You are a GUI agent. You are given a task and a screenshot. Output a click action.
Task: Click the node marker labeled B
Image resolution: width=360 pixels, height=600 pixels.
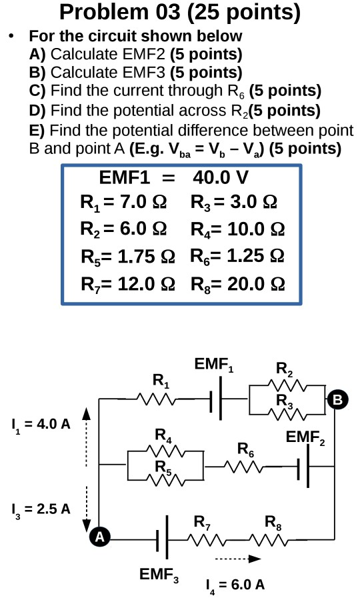tap(337, 400)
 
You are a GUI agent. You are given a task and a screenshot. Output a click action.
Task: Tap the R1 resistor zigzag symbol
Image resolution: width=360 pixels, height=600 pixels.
tap(157, 399)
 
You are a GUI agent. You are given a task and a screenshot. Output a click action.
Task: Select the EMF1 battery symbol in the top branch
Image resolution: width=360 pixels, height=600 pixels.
tap(215, 400)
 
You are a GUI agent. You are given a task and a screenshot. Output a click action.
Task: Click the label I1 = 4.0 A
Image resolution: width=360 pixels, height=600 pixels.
tap(41, 424)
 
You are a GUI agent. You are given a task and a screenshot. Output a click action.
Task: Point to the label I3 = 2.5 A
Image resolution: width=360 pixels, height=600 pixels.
tap(41, 509)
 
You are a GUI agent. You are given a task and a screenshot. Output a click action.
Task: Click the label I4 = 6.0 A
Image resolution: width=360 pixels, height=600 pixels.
tap(235, 585)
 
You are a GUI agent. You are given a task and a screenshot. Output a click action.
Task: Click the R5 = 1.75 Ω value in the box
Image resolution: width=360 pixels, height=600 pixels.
tap(128, 255)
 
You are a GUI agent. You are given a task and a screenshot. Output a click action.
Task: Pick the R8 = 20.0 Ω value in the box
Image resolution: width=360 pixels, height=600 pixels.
tap(238, 283)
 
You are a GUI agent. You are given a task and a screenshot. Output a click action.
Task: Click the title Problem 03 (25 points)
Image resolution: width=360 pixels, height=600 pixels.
tap(179, 12)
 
